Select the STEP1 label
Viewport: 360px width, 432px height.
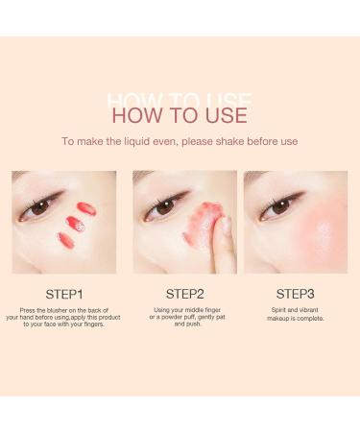[64, 294]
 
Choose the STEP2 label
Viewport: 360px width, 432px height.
[185, 294]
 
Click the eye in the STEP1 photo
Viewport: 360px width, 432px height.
[41, 206]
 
